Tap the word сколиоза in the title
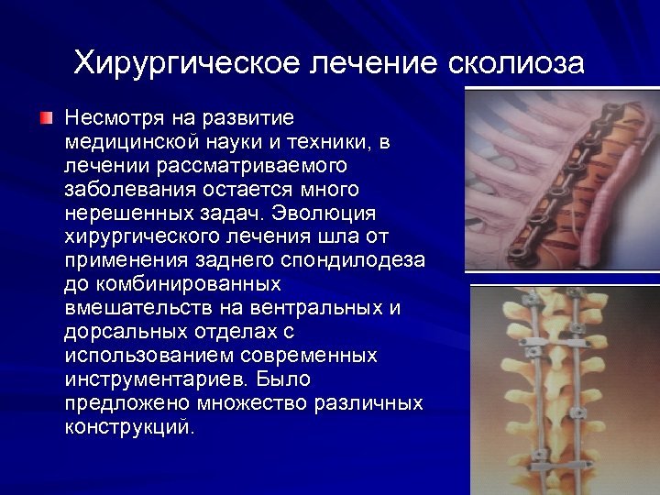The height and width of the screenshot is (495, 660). tap(517, 62)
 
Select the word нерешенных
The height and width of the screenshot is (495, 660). tap(121, 214)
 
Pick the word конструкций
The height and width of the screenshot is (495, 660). tap(129, 426)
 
